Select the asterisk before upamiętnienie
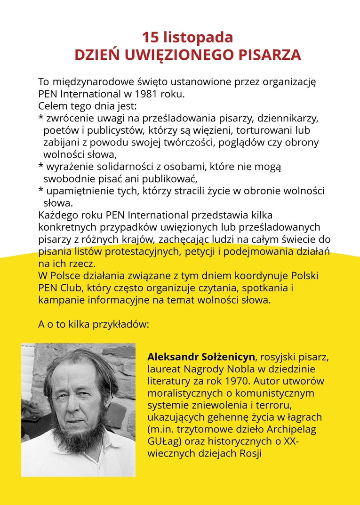coord(40,191)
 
